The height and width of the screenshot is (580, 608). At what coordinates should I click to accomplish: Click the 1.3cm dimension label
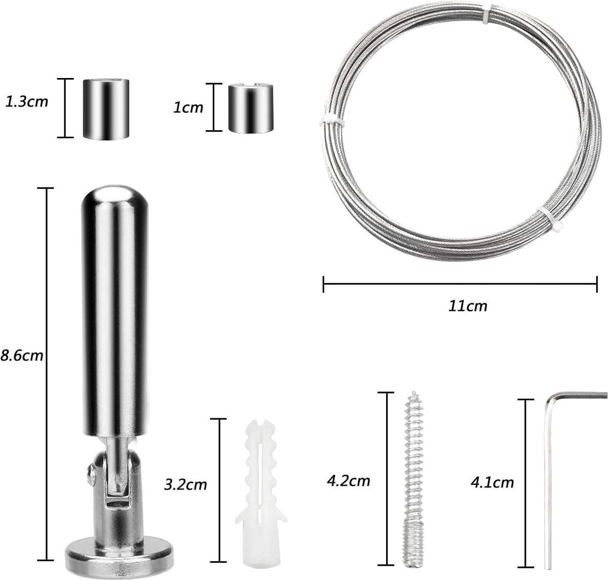[26, 102]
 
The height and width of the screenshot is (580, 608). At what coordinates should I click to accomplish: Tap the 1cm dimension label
[188, 108]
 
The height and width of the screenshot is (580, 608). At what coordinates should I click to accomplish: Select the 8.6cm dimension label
[22, 356]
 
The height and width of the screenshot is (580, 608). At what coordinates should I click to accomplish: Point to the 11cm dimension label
[468, 306]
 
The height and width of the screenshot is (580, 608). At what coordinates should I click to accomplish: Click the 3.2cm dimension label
[185, 485]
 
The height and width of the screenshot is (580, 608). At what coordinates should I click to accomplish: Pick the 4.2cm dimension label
[348, 481]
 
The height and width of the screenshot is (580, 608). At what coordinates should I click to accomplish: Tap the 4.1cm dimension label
[492, 482]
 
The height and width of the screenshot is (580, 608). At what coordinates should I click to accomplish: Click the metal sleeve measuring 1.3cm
[106, 108]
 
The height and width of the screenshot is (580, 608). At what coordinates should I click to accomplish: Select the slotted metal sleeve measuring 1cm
[251, 108]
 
